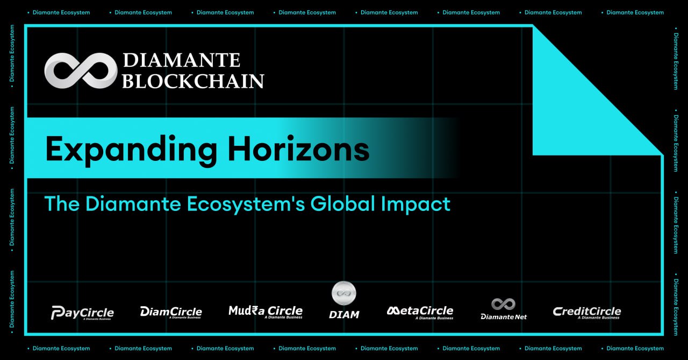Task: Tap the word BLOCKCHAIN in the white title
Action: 193,81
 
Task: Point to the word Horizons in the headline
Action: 298,149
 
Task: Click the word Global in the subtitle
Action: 343,203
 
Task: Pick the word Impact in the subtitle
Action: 416,204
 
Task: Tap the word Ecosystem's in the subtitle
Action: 246,205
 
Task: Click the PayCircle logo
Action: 82,313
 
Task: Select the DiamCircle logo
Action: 171,312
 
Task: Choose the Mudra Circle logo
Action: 266,312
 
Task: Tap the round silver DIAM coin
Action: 344,293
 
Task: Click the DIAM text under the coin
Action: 344,315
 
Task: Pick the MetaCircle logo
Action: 420,312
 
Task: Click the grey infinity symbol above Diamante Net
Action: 503,304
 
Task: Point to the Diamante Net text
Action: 504,317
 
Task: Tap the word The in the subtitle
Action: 62,203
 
